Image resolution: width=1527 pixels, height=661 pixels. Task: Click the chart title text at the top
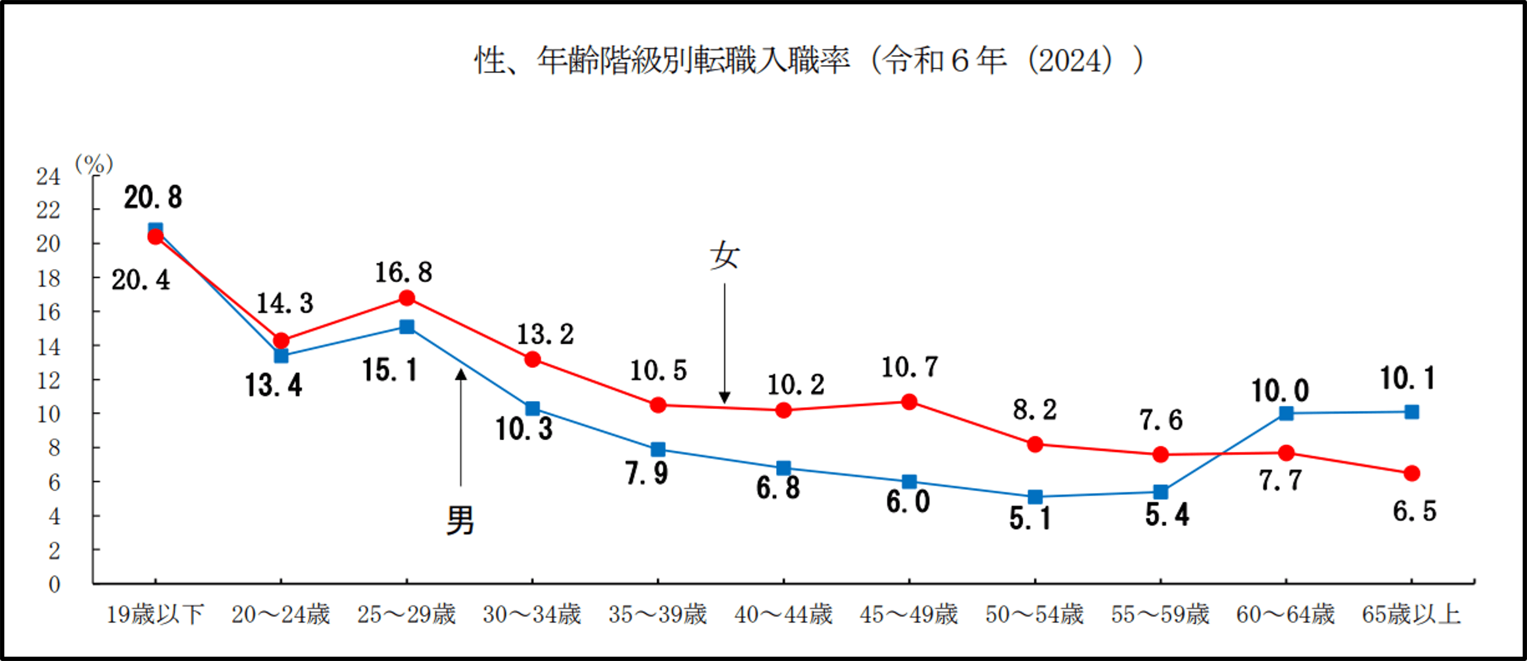pos(809,61)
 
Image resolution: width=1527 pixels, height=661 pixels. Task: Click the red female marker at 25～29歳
pos(407,298)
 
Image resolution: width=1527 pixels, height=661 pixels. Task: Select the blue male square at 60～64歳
pos(1286,413)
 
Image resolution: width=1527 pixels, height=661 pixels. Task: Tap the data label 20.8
pos(153,197)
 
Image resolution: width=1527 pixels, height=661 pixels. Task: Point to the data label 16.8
pos(403,273)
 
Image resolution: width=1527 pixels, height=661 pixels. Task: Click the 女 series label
pos(725,256)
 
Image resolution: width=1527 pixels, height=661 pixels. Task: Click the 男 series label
pos(460,521)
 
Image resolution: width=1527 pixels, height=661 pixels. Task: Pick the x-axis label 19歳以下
pos(155,614)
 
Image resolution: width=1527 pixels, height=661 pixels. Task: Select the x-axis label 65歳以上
pos(1411,614)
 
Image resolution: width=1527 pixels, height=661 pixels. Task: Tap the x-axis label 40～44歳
pos(783,614)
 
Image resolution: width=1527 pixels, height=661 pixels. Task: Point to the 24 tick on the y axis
pos(48,177)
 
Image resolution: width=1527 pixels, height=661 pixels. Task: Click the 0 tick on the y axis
pos(54,584)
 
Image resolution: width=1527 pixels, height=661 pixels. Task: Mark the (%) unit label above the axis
pos(94,164)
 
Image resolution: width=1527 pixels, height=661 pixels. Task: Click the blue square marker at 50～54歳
pos(1035,497)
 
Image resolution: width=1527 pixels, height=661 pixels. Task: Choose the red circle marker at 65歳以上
pos(1412,473)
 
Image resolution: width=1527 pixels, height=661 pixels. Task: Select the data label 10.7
pos(909,368)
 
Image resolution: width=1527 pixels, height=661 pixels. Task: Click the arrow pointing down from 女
pos(725,343)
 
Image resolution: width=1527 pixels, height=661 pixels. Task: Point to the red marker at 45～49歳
pos(909,402)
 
